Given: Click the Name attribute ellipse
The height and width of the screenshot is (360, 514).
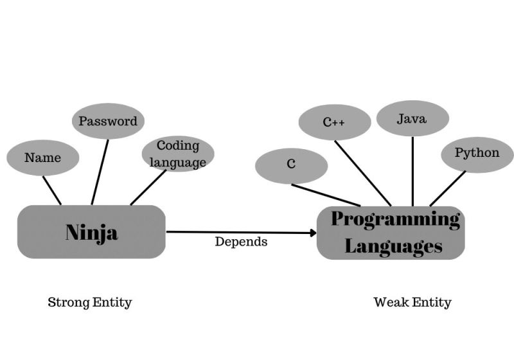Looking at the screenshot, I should [x=42, y=157].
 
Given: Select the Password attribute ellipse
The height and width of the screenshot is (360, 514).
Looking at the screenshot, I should [x=108, y=121].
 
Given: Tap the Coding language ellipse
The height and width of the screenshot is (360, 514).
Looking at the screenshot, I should [x=178, y=154].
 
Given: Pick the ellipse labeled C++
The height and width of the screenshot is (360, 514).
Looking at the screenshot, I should [x=335, y=122].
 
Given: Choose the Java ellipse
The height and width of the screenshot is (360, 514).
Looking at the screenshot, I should [x=412, y=119].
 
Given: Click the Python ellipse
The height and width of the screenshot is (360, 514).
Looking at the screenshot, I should [x=477, y=154].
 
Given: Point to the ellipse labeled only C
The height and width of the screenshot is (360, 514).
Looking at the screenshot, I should [x=291, y=165].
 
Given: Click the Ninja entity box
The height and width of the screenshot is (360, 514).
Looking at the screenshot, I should [x=91, y=232].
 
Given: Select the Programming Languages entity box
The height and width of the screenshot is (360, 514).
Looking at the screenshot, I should [x=391, y=233].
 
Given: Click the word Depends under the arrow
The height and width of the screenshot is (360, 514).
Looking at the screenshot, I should [x=241, y=242].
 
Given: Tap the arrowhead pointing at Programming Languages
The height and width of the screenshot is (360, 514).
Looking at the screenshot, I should [x=312, y=232].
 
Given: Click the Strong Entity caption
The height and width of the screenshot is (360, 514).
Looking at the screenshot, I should [x=90, y=302].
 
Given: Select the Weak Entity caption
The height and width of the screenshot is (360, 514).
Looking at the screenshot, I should [x=412, y=302].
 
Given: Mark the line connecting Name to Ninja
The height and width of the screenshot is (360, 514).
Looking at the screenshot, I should [x=52, y=190].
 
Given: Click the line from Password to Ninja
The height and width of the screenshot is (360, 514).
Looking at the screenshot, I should [x=100, y=172].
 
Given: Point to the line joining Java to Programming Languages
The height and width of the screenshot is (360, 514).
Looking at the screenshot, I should [x=412, y=170].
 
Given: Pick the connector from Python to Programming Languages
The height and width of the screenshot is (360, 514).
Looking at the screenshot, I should [x=448, y=188].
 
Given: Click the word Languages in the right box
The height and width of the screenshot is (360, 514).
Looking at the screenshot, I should [x=393, y=246].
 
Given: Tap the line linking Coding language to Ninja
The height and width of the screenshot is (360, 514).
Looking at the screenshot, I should [x=148, y=188].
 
